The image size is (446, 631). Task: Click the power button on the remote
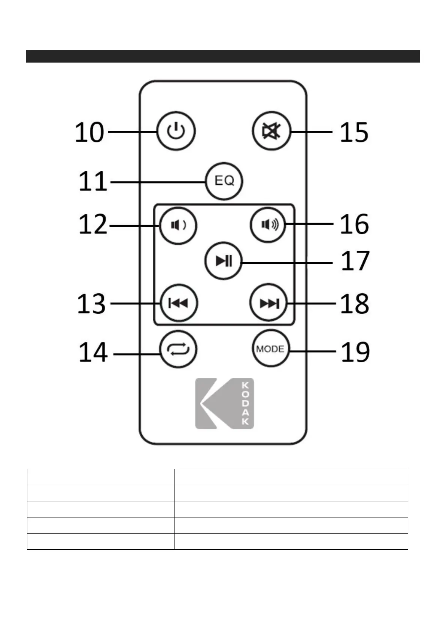176,131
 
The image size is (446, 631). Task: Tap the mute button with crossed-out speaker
271,131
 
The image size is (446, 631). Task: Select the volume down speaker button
178,226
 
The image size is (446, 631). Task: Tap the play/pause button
224,261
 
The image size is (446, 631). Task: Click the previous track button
179,303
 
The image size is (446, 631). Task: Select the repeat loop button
178,349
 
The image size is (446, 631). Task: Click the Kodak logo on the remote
224,403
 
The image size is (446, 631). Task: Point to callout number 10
89,132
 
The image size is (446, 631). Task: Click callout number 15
354,132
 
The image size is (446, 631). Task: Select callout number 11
92,182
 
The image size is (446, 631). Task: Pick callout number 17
355,262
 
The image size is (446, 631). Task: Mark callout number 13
91,304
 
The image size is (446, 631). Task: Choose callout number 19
355,351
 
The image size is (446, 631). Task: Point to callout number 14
93,352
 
